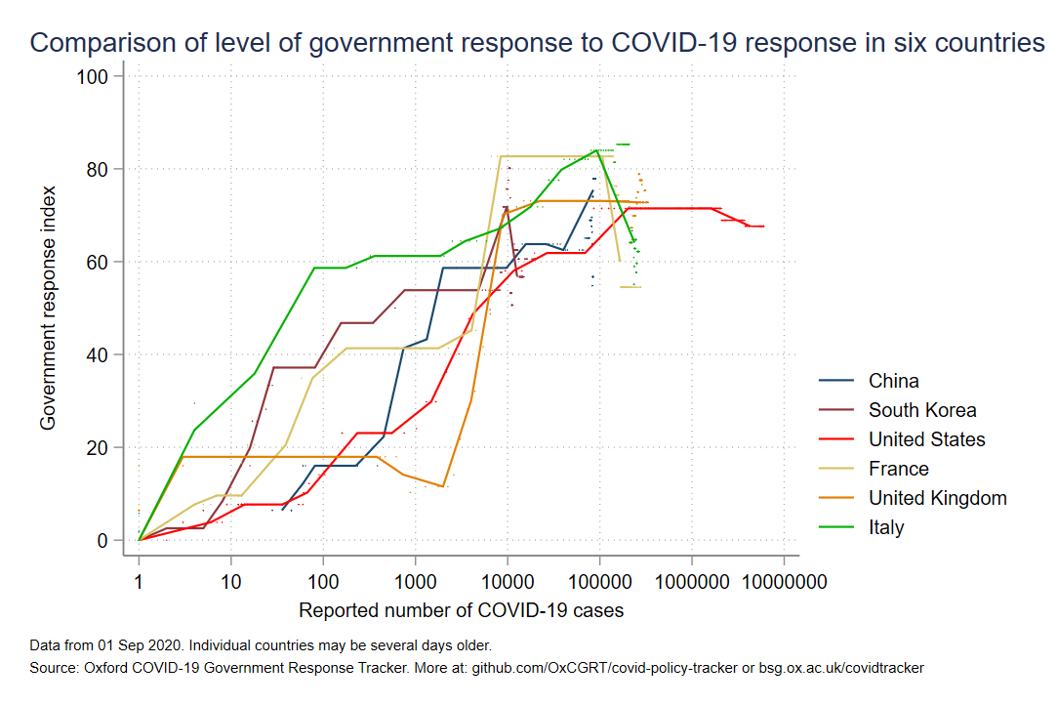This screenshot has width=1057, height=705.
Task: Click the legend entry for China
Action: click(893, 381)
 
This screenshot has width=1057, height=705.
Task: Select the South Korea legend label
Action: click(922, 410)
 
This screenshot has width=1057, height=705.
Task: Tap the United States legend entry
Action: click(927, 439)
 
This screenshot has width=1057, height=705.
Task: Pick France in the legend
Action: click(899, 469)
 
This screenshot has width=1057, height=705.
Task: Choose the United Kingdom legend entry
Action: click(938, 498)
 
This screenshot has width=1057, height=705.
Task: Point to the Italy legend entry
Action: click(886, 527)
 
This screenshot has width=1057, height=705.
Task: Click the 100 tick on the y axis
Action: click(97, 76)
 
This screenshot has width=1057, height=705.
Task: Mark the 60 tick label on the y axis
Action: click(102, 262)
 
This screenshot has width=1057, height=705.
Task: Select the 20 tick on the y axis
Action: click(102, 447)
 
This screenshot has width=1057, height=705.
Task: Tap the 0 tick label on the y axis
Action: click(106, 540)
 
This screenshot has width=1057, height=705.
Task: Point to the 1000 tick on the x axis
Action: click(415, 583)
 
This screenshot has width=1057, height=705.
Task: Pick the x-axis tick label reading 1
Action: click(140, 583)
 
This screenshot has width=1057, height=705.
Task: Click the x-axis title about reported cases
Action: click(461, 611)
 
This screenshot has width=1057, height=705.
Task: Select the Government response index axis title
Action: click(47, 308)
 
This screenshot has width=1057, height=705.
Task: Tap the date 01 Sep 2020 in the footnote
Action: click(122, 646)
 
